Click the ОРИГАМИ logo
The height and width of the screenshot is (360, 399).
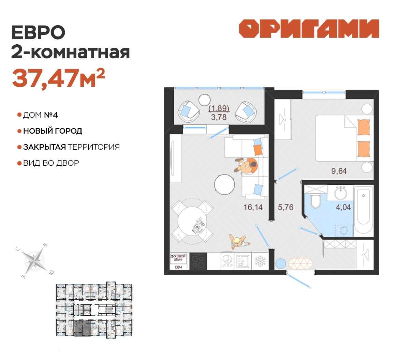[x=309, y=29]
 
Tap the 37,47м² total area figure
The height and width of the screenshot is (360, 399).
[x=58, y=78]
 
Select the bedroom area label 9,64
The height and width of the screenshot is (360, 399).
[x=339, y=171]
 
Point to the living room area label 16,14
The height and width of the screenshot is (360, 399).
[x=253, y=207]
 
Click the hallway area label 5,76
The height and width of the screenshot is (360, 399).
[x=285, y=207]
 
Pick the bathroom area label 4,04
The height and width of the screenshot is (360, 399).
[x=343, y=207]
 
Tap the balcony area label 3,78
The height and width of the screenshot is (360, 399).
[x=219, y=117]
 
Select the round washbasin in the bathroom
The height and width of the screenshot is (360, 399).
[x=340, y=193]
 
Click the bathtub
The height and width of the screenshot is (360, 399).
[x=364, y=210]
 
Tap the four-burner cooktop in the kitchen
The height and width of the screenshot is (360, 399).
[x=198, y=261]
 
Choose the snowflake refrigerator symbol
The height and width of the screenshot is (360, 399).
[x=260, y=261]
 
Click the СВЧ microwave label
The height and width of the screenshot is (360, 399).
[x=178, y=267]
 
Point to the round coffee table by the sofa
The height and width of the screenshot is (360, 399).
[x=224, y=184]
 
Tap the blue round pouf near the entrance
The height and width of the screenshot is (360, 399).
[x=280, y=264]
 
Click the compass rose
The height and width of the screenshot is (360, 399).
[x=34, y=261]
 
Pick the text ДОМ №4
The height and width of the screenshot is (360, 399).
[x=41, y=115]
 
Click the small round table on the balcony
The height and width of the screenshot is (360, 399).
[x=204, y=100]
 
